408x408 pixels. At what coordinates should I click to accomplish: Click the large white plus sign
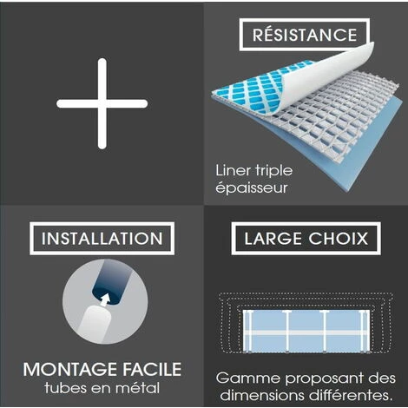coord(102,103)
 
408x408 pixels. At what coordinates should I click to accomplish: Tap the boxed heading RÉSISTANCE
coord(305,35)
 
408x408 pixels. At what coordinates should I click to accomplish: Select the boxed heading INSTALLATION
coord(102,239)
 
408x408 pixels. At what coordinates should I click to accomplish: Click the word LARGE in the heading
coord(273,239)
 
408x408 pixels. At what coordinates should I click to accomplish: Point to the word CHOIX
coord(338,239)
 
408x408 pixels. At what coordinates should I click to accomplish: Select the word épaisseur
coord(252,188)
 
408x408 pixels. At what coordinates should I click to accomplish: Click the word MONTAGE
coord(69,369)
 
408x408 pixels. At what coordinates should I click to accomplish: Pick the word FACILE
coord(152,369)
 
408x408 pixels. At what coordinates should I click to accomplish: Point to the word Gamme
coord(248,378)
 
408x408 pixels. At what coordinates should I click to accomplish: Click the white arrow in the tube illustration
coord(105,299)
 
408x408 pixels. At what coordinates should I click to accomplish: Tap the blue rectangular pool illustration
coord(306,332)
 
